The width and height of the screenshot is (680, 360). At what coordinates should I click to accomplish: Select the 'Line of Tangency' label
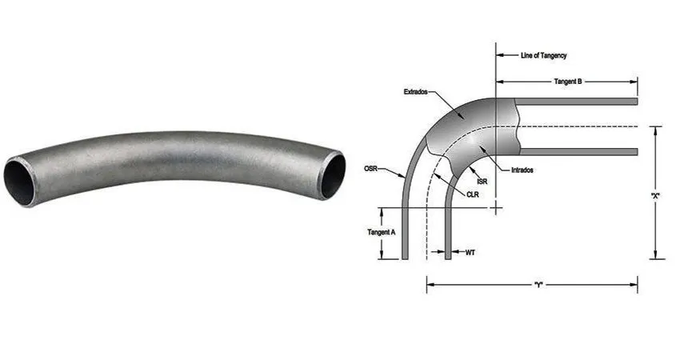point(544,55)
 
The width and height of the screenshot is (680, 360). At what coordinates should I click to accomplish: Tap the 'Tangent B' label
point(568,82)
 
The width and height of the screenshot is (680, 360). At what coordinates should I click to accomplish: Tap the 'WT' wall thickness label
point(470,253)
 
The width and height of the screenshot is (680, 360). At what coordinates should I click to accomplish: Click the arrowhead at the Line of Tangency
point(501,55)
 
